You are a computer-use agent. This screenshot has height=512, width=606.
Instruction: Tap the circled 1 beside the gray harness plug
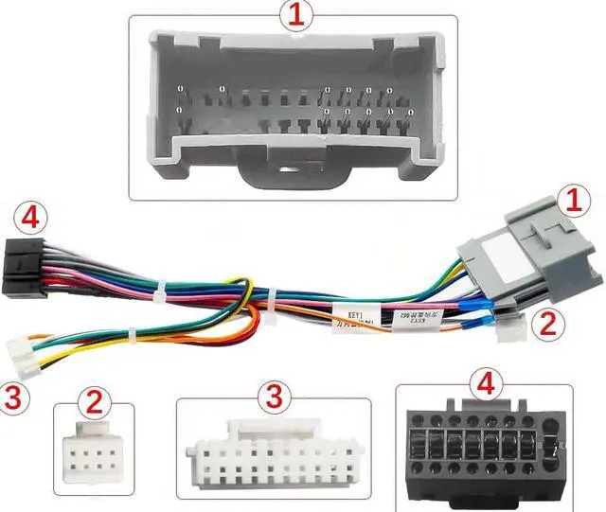coord(570,200)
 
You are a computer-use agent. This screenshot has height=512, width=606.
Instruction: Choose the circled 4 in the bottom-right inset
coord(485,385)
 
